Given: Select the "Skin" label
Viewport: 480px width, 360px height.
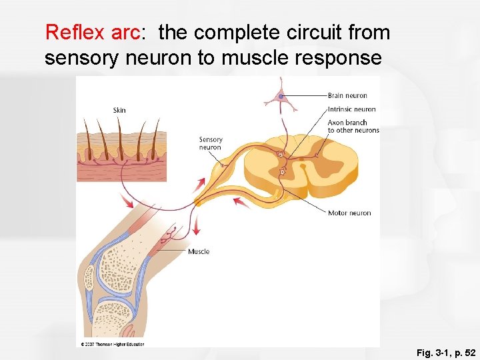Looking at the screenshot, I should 119,110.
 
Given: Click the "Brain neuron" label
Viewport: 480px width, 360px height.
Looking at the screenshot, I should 347,96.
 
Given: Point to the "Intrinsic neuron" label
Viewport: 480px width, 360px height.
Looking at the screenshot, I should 351,109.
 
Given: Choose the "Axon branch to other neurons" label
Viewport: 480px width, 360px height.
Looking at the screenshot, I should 353,127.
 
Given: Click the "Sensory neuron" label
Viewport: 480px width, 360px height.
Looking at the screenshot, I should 211,143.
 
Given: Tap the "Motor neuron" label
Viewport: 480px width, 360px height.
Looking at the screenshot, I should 349,213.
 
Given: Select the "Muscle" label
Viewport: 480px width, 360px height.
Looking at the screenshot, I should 199,251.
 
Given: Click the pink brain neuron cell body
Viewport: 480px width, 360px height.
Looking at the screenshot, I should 281,97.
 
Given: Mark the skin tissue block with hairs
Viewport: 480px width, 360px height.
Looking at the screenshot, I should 121,157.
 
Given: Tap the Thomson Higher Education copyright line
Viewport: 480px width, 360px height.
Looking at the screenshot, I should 112,344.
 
